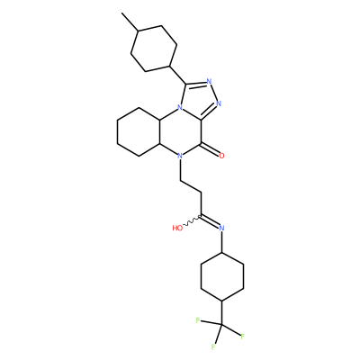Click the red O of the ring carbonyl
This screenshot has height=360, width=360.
(x=221, y=156)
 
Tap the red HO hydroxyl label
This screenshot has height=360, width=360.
(x=177, y=228)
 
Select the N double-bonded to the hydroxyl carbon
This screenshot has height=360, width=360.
(x=221, y=228)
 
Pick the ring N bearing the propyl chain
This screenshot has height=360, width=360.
(x=180, y=156)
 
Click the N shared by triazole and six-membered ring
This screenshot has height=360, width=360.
(x=180, y=107)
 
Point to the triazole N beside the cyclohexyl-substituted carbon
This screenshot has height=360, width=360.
(x=209, y=81)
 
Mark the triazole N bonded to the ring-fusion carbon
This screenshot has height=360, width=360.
(x=219, y=104)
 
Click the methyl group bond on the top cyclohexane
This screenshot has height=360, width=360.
(x=130, y=22)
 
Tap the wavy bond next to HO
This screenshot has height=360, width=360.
(x=192, y=220)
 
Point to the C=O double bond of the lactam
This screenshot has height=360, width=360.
(x=211, y=149)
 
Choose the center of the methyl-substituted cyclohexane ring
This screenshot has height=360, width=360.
(x=154, y=49)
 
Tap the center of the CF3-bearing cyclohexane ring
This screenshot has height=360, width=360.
(x=222, y=276)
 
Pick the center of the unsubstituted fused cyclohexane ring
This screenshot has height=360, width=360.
(x=139, y=131)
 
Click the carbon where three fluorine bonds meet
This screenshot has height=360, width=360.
(x=222, y=325)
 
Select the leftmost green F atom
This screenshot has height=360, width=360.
(x=198, y=320)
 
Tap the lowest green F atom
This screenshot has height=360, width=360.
(x=213, y=347)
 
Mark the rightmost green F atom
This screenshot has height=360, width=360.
(x=242, y=336)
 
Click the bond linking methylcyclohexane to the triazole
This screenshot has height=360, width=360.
(x=178, y=75)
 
